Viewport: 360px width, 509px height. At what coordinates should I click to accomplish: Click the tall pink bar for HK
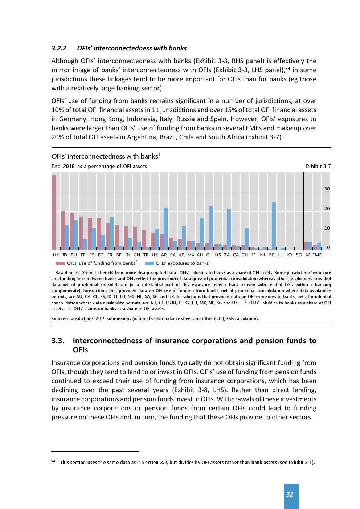[54, 213]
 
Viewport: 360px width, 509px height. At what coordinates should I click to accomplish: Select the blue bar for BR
[274, 226]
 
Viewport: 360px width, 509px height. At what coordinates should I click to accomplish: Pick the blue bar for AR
[166, 229]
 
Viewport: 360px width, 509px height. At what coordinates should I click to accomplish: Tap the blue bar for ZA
[229, 229]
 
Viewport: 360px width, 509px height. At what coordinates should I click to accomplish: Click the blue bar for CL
[211, 228]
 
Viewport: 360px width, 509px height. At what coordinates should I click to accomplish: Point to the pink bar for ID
[63, 230]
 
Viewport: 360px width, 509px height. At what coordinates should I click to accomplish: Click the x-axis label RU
[74, 255]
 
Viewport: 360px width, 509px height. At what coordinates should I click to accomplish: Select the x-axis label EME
[317, 255]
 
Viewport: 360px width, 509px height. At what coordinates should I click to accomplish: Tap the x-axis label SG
[299, 255]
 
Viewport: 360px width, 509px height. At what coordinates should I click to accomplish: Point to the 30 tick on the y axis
[327, 189]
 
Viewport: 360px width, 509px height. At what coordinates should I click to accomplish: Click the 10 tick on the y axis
[327, 228]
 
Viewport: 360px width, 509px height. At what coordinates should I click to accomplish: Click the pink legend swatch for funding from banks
[61, 263]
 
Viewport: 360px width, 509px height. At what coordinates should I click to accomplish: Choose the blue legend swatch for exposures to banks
[149, 263]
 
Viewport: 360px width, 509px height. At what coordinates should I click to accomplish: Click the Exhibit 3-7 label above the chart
[318, 166]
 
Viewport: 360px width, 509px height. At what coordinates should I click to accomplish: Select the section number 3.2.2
[59, 48]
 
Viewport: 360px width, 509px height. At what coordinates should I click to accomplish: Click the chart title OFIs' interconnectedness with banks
[105, 156]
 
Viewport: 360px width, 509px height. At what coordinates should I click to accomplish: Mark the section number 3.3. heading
[58, 341]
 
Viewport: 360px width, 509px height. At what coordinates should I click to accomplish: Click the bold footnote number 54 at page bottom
[53, 461]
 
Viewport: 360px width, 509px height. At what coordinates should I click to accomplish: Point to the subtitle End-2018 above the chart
[63, 166]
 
